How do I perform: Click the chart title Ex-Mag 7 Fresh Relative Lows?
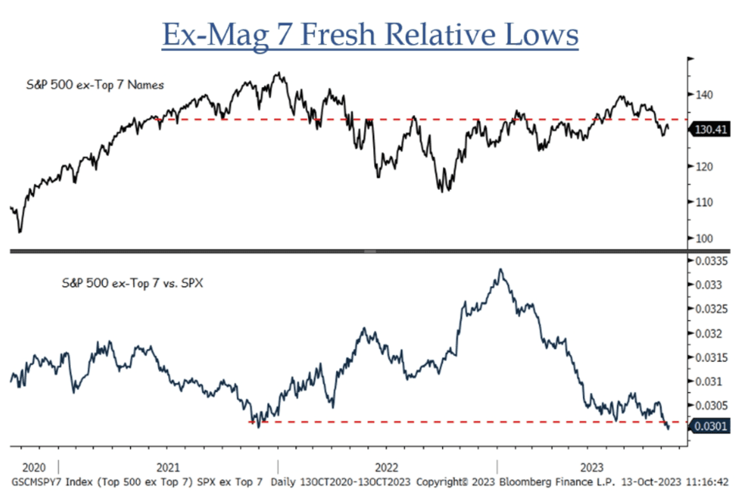tap(370, 34)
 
